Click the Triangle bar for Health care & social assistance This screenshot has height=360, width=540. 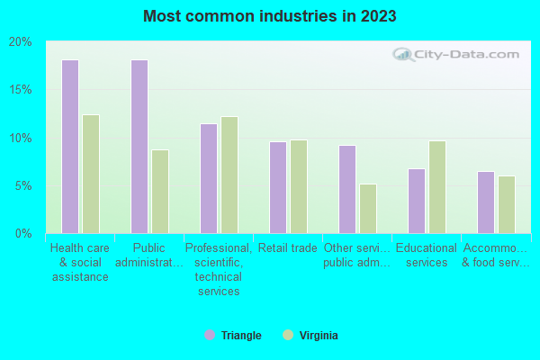click(70, 147)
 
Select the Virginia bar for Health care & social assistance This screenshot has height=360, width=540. click(91, 174)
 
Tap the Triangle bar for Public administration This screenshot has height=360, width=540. click(139, 147)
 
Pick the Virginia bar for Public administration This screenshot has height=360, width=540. click(160, 192)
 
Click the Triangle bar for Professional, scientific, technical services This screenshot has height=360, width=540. click(209, 178)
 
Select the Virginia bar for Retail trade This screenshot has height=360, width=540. click(299, 186)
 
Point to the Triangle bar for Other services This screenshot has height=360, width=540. click(347, 189)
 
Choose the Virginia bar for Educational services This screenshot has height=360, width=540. click(437, 187)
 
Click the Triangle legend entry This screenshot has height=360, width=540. click(233, 336)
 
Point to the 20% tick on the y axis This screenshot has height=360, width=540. click(21, 42)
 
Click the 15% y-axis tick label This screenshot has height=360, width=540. click(21, 90)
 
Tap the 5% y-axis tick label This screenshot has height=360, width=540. click(23, 186)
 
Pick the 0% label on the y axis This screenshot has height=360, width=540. click(23, 234)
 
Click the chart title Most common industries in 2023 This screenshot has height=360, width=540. click(269, 16)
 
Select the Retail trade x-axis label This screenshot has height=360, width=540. click(287, 247)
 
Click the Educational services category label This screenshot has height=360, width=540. click(427, 255)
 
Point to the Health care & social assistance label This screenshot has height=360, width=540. click(79, 262)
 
